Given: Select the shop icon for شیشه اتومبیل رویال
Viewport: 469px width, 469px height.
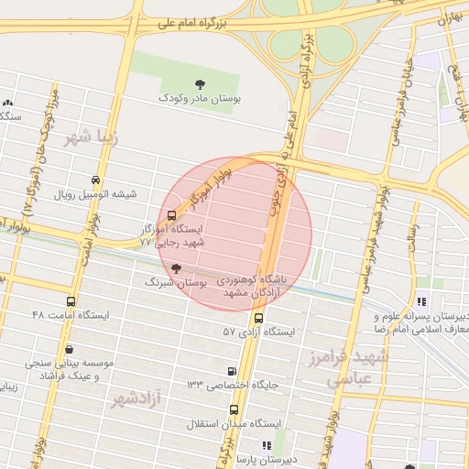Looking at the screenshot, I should click(97, 180).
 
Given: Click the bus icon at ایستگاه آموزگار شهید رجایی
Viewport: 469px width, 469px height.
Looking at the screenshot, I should click(172, 217).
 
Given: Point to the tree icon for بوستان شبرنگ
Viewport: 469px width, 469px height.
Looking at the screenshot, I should click(176, 269).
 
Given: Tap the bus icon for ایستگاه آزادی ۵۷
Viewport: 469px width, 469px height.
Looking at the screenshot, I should click(258, 319).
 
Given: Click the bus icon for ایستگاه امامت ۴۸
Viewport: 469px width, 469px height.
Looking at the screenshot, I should click(71, 301).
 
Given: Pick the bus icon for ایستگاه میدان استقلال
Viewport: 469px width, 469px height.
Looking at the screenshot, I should click(234, 409).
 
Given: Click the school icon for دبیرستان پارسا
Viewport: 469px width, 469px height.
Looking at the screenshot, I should click(267, 445).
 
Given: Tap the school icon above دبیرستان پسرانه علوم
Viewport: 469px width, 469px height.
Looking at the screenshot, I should click(421, 300).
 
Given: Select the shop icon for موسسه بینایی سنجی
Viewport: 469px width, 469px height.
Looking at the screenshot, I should click(70, 349).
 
